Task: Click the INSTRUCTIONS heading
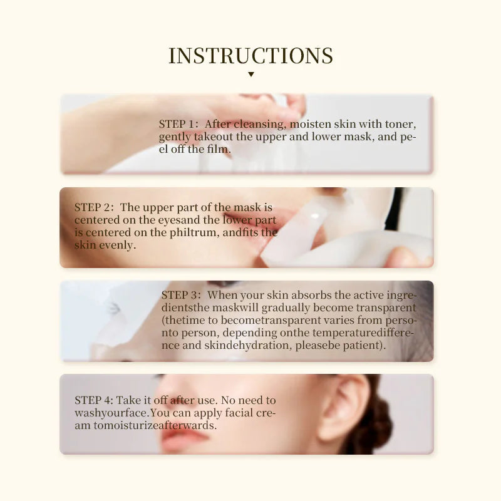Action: (250, 56)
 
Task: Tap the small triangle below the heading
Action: (250, 75)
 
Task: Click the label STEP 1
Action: (178, 124)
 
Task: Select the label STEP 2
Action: (94, 207)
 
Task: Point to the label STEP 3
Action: (180, 294)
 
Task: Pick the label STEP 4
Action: (94, 400)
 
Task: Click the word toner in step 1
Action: (400, 124)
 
